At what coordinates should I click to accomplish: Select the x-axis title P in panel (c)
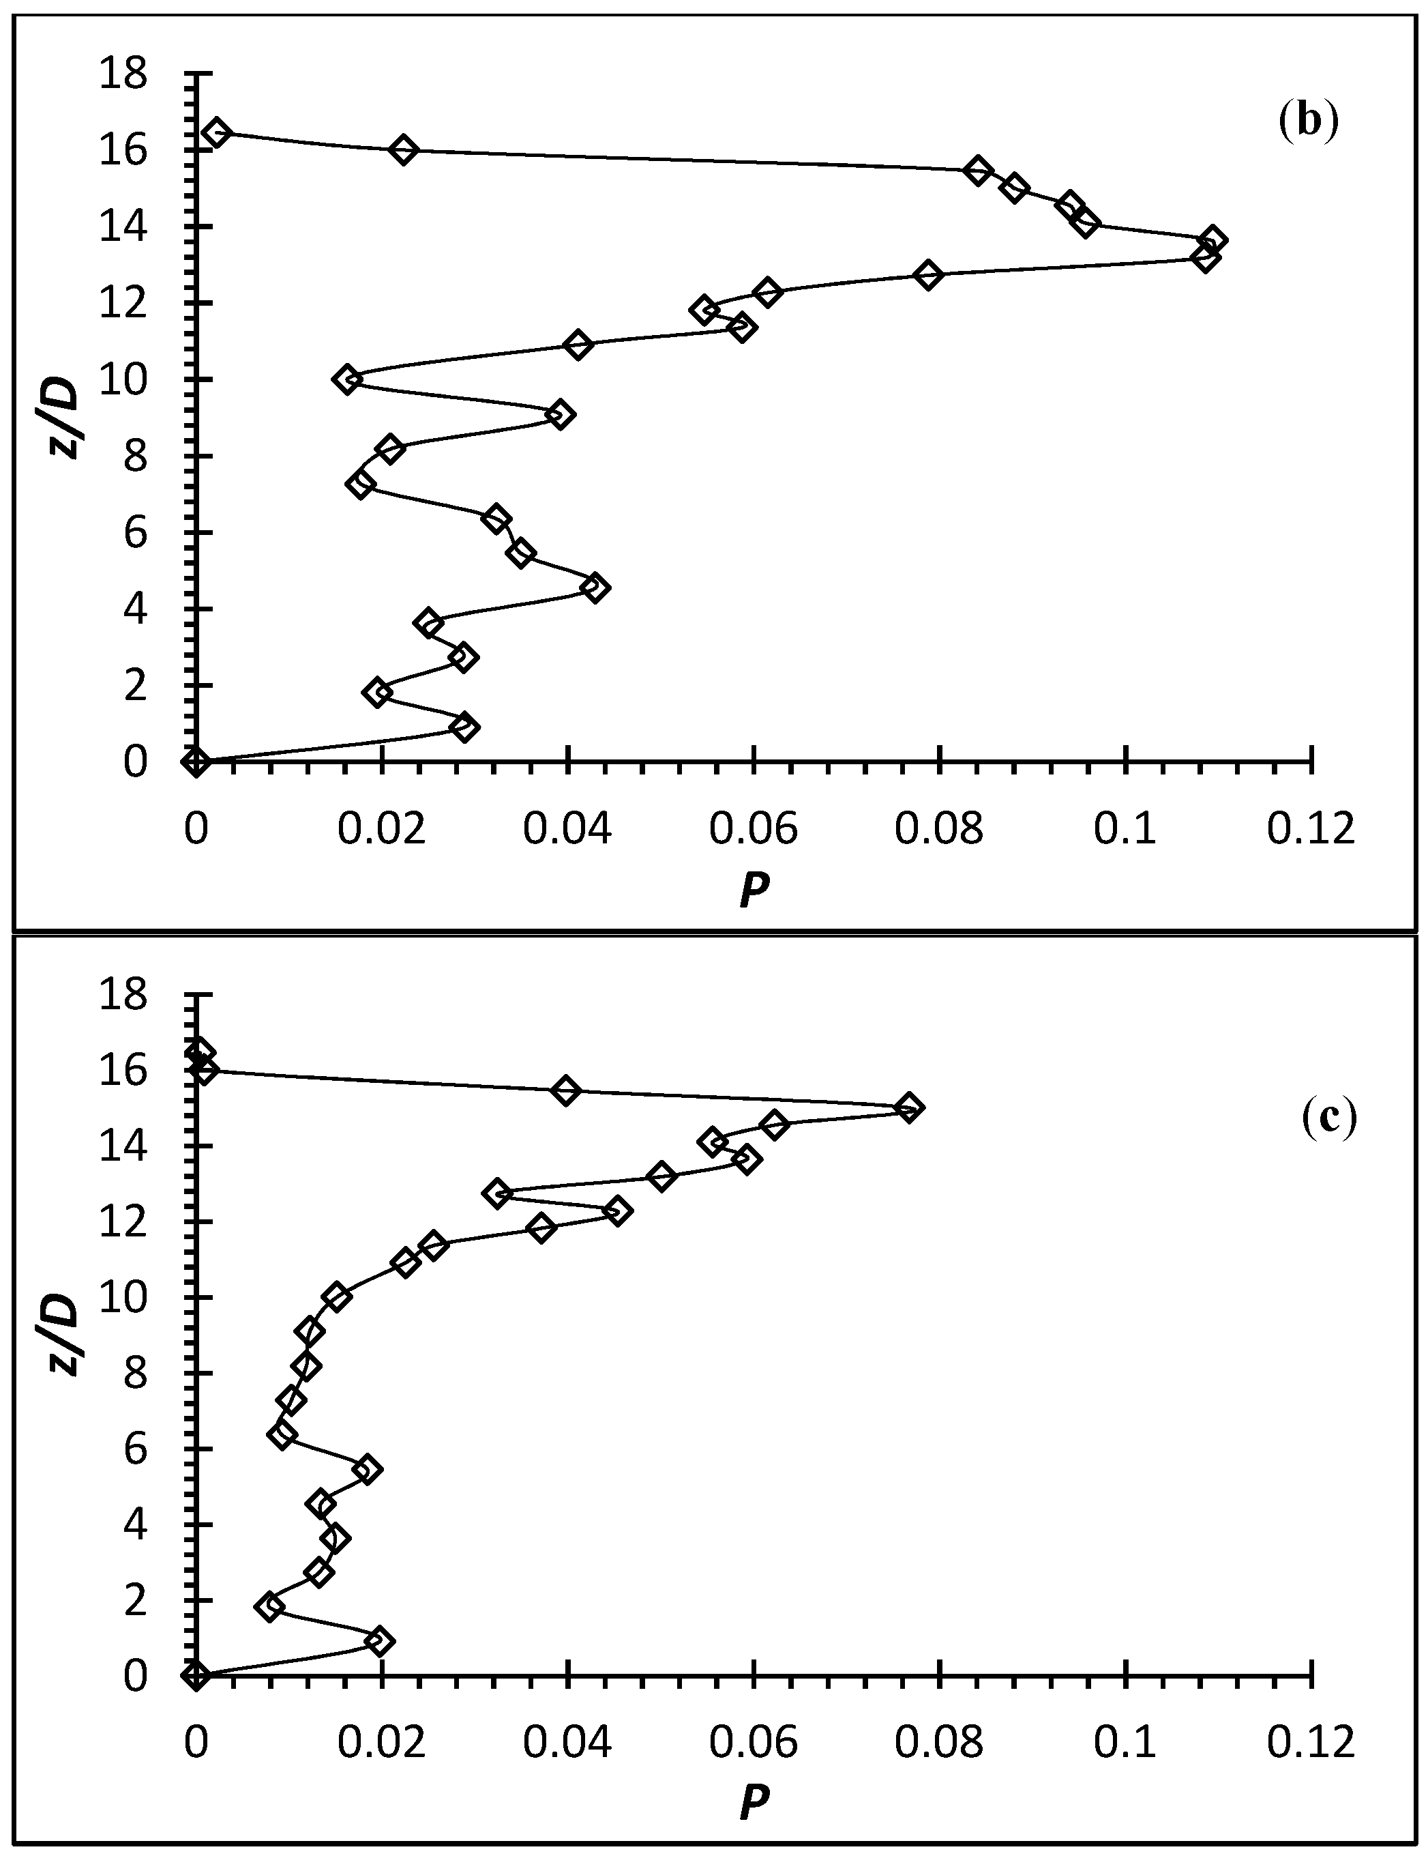(x=753, y=1800)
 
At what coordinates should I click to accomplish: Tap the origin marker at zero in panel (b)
(x=196, y=762)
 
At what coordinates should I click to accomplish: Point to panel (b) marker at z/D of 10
(x=346, y=379)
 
